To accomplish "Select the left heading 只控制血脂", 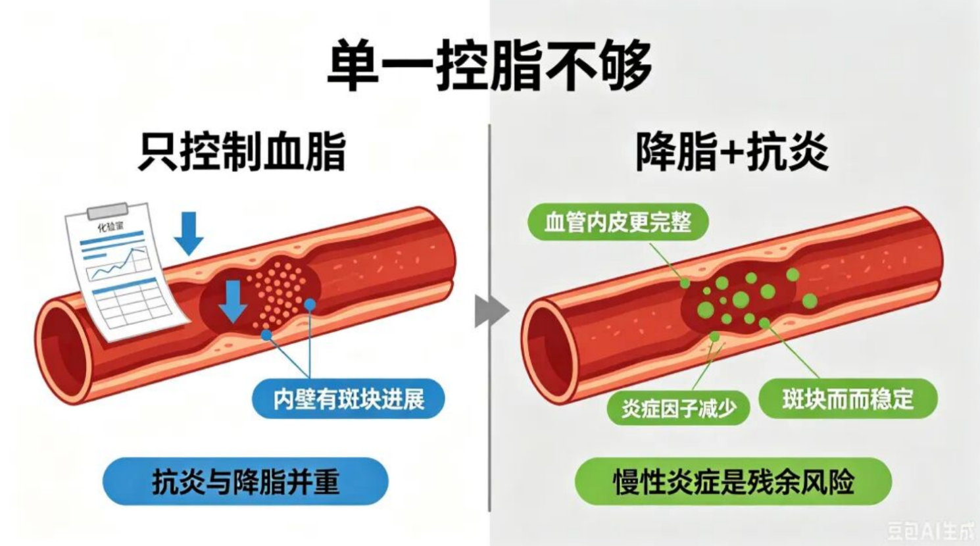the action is point(242,152).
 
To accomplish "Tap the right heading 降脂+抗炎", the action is point(732,152).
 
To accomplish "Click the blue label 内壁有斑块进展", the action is point(348,399).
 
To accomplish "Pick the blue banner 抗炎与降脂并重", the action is point(245,482).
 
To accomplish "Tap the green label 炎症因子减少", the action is point(679,408).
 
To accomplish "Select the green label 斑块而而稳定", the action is point(848,399).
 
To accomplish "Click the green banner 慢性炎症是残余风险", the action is point(733,482).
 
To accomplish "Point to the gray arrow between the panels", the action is point(491,311).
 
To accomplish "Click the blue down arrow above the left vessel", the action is point(189,233).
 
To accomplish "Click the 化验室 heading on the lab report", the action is point(110,227).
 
